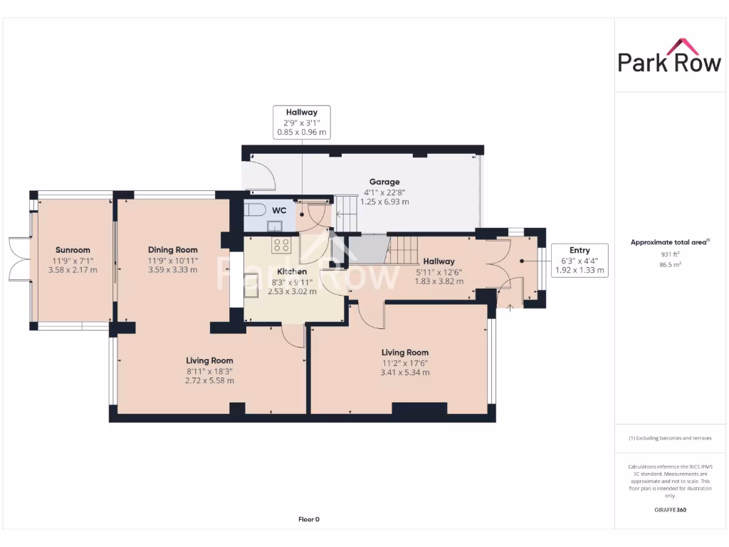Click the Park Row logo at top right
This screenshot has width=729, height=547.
click(x=668, y=57)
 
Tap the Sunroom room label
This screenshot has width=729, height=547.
click(x=73, y=250)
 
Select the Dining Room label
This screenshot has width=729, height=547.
click(x=172, y=250)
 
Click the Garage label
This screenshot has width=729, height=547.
click(x=384, y=182)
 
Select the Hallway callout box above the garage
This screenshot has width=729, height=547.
click(x=301, y=122)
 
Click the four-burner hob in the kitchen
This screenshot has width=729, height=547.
click(x=282, y=245)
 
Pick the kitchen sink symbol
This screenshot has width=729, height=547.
click(x=252, y=280)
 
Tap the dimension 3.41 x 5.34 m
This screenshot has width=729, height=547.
click(x=404, y=372)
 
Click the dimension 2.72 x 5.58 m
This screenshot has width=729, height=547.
click(x=209, y=380)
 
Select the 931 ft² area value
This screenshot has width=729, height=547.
click(x=668, y=254)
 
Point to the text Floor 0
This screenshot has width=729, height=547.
click(x=308, y=519)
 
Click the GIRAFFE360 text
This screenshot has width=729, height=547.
click(x=669, y=510)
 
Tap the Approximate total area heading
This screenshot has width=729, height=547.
click(x=668, y=242)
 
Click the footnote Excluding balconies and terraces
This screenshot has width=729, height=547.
click(x=669, y=438)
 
